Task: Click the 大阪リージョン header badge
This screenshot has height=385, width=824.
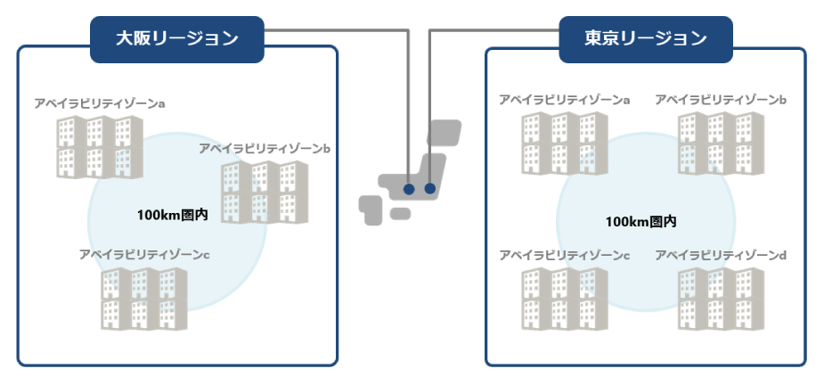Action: (178, 39)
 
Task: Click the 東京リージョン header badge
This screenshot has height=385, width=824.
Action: (646, 39)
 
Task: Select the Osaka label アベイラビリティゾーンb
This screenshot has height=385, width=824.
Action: (265, 148)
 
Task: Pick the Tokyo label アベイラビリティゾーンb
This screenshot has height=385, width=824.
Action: (720, 100)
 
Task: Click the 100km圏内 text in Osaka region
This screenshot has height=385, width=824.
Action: (172, 215)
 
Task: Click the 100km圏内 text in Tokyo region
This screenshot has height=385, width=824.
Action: (640, 221)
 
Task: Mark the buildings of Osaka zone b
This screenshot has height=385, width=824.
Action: (265, 191)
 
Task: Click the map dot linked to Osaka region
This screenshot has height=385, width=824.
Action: (409, 189)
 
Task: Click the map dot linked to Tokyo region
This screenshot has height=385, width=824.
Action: (430, 189)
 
